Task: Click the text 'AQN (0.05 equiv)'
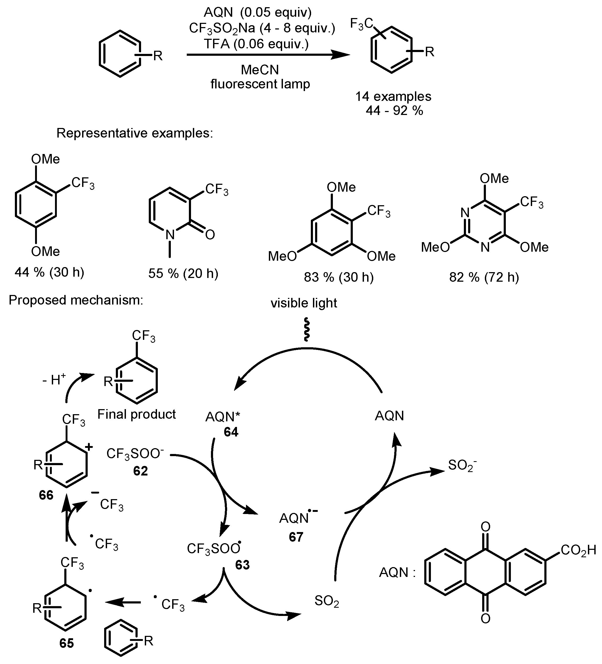click(x=257, y=12)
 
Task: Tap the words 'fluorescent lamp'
click(x=260, y=84)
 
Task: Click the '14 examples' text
click(x=393, y=96)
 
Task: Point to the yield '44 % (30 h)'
click(x=49, y=272)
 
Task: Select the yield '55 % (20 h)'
click(x=183, y=273)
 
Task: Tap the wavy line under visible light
click(x=306, y=329)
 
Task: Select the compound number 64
click(x=231, y=432)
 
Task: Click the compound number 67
click(x=296, y=537)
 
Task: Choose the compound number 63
click(x=242, y=565)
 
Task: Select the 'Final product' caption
click(x=136, y=414)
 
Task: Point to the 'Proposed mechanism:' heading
click(x=76, y=300)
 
